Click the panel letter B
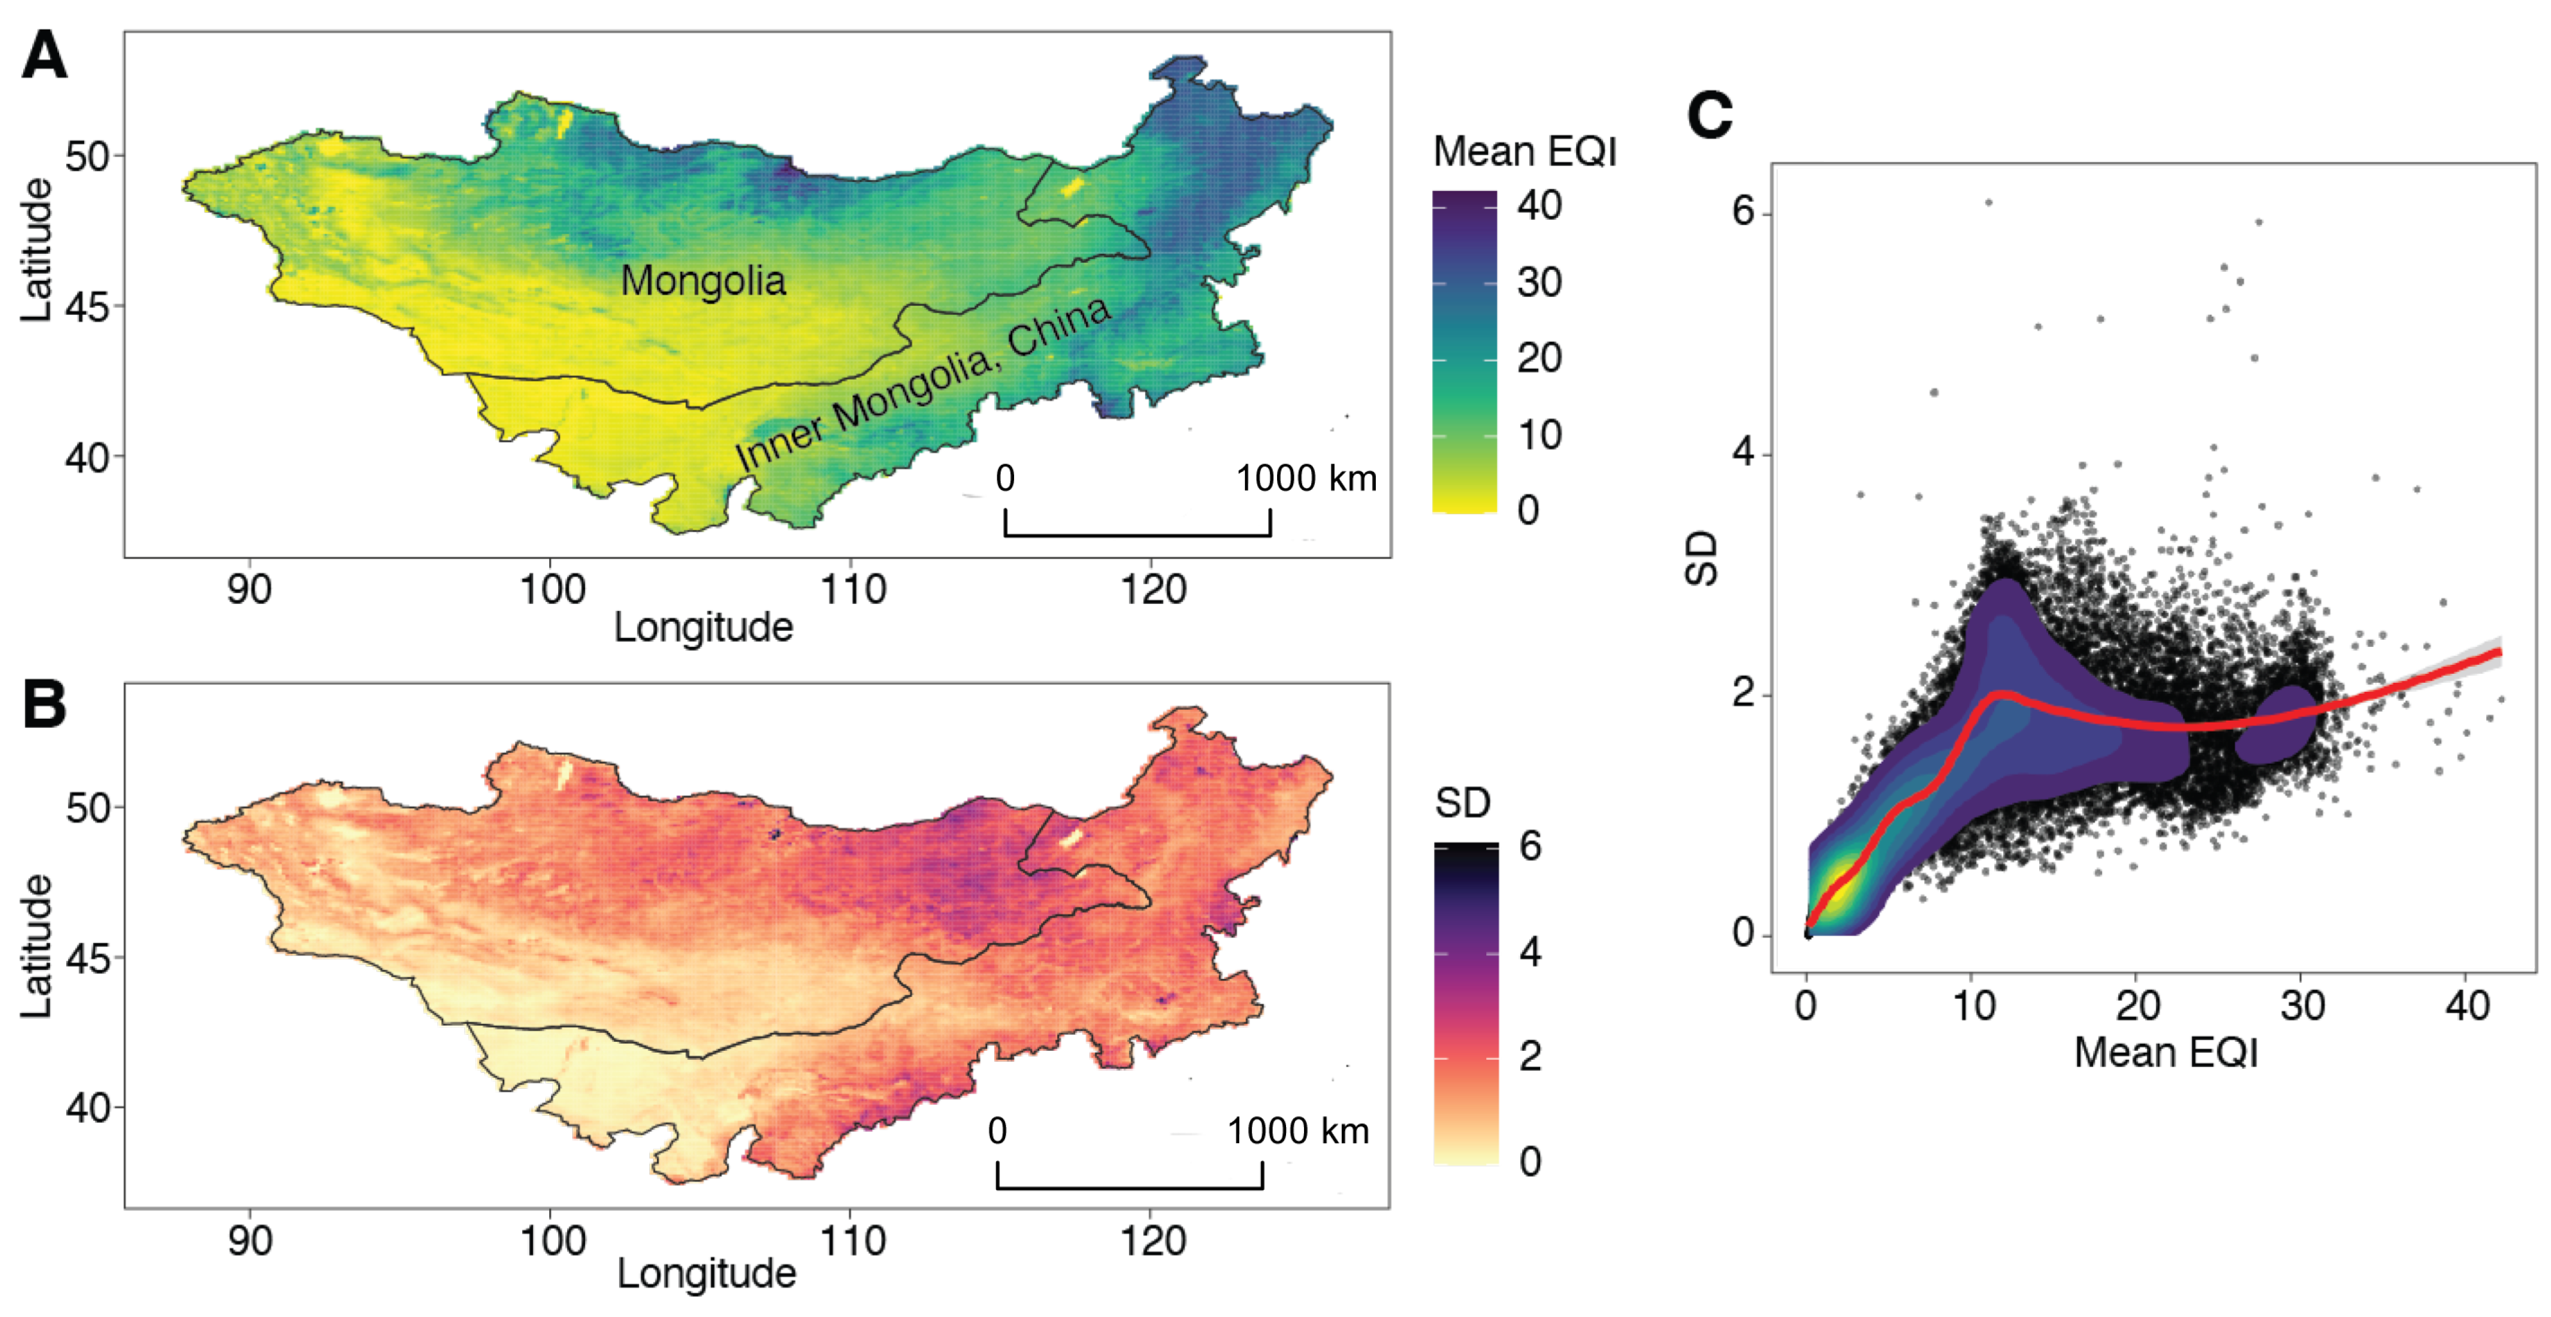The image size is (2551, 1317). pyautogui.click(x=44, y=705)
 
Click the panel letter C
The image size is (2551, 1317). pyautogui.click(x=1709, y=116)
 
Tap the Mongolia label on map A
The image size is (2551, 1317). pyautogui.click(x=702, y=281)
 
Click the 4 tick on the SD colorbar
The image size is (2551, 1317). pyautogui.click(x=1530, y=953)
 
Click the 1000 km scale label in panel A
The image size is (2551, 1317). pyautogui.click(x=1305, y=479)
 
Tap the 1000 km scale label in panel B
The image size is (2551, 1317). pyautogui.click(x=1297, y=1131)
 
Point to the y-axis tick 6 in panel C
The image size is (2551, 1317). pyautogui.click(x=1743, y=212)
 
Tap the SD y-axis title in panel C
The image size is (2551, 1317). pyautogui.click(x=1701, y=560)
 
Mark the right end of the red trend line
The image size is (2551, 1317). pyautogui.click(x=2500, y=651)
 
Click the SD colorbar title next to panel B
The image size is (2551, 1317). pyautogui.click(x=1462, y=803)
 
